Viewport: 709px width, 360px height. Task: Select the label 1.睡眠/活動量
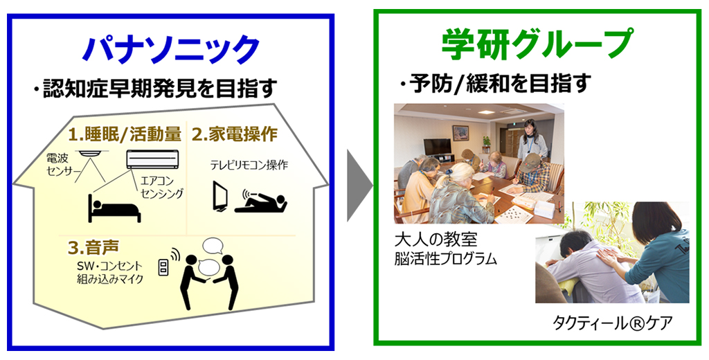pyautogui.click(x=125, y=134)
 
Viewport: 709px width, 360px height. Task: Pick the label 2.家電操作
pyautogui.click(x=235, y=134)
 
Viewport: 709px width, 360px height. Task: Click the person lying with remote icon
pyautogui.click(x=261, y=203)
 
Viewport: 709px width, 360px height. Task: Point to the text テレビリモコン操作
pyautogui.click(x=249, y=165)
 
